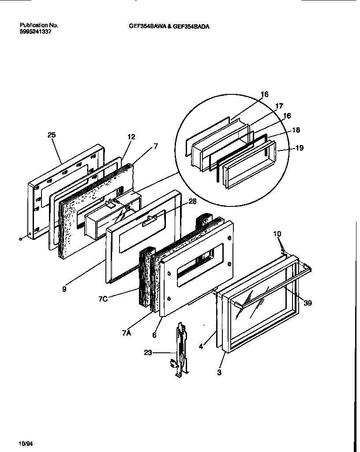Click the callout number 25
tap(52, 135)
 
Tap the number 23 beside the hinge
tap(149, 352)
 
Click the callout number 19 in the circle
tap(299, 148)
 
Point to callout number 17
tap(279, 106)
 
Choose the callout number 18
tap(296, 131)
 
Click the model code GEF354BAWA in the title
tap(147, 26)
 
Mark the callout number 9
tap(64, 290)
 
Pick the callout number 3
tap(219, 373)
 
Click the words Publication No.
tap(39, 26)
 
